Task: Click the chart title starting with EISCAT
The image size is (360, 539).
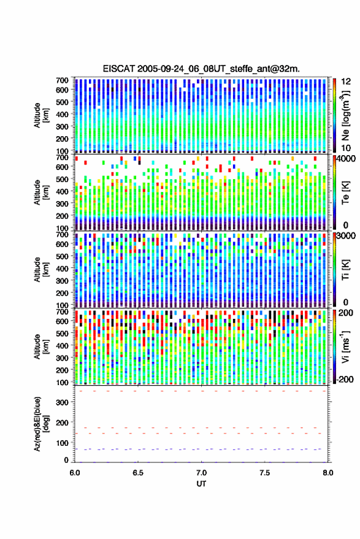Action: [201, 69]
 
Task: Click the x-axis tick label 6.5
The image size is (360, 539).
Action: [138, 473]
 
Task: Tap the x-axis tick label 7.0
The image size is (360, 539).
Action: [202, 473]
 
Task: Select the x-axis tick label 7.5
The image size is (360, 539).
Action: [265, 473]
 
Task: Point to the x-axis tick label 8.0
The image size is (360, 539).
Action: [328, 473]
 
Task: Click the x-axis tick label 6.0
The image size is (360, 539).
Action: [75, 473]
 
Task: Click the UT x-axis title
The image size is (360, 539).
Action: [202, 484]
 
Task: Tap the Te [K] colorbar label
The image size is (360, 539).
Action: [345, 193]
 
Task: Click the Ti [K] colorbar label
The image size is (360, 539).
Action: [345, 270]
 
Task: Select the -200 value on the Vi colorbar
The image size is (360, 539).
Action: [345, 380]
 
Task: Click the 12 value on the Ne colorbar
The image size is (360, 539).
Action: [346, 82]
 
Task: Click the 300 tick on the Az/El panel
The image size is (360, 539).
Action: [63, 402]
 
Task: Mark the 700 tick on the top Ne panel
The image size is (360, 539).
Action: [62, 80]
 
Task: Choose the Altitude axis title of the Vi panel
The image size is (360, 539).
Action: [41, 346]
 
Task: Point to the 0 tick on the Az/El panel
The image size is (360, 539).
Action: [66, 460]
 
